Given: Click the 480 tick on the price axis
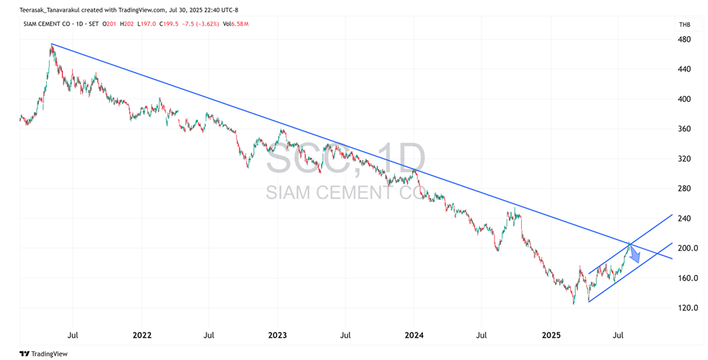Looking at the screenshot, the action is (685, 39).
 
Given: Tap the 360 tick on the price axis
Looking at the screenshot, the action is (685, 128).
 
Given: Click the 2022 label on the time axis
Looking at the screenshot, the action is (141, 335).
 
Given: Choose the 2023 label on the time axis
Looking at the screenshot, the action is (277, 335).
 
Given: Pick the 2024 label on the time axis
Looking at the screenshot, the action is (414, 335).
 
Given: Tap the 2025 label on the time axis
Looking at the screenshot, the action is (551, 335).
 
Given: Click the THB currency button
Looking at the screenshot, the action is (684, 25).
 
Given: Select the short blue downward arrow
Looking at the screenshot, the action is (634, 255).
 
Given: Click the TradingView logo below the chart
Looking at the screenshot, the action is (43, 354).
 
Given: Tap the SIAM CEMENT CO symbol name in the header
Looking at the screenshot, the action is (46, 24).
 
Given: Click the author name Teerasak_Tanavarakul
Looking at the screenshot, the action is (50, 10).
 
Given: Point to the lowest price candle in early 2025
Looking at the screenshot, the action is (574, 299).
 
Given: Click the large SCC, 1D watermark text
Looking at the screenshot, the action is (346, 158).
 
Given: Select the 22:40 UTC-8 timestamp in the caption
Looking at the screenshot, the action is (218, 10).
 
